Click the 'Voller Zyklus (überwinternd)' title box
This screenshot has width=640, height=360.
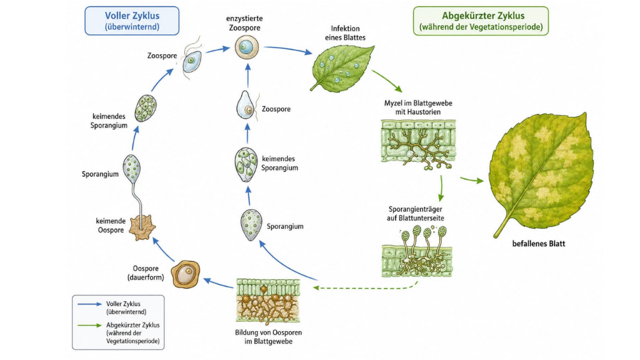(x=132, y=21)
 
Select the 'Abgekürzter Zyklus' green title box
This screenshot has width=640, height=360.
(x=481, y=21)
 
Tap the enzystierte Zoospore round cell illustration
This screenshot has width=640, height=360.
(x=247, y=47)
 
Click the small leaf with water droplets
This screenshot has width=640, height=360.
(x=342, y=68)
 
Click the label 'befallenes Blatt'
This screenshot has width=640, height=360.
(x=538, y=244)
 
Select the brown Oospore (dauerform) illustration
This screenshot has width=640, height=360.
(x=185, y=274)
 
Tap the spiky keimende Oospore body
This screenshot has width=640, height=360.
(x=142, y=228)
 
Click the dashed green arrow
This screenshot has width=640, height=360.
(x=365, y=287)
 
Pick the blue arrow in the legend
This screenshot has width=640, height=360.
(x=89, y=304)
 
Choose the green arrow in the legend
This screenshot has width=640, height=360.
(x=89, y=326)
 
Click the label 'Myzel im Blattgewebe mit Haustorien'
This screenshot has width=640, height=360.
(x=418, y=107)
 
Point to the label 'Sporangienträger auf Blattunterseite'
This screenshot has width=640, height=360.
(x=416, y=214)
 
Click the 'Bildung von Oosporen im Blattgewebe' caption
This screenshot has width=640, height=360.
(x=269, y=337)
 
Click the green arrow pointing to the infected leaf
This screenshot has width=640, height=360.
(x=472, y=180)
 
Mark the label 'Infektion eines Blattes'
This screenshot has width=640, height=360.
(x=345, y=33)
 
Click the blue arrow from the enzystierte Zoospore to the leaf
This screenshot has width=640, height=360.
(x=288, y=49)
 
